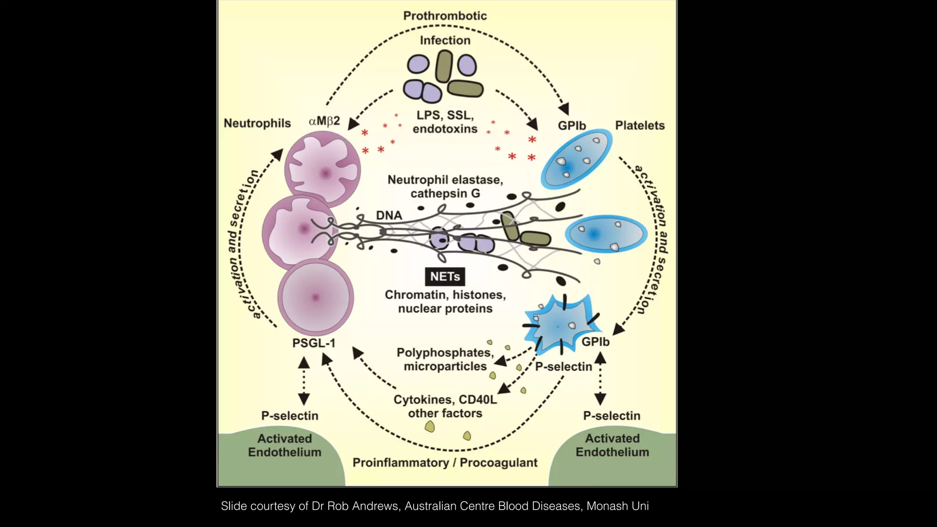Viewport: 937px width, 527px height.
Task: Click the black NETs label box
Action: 445,277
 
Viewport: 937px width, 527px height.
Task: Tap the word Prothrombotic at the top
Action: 445,16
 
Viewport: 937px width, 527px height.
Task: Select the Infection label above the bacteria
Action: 445,40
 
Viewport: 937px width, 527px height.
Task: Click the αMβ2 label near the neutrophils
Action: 324,121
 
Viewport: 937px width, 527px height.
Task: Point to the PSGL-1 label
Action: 314,343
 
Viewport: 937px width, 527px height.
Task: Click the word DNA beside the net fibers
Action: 389,215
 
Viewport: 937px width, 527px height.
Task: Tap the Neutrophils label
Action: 257,123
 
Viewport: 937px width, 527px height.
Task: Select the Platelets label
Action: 640,125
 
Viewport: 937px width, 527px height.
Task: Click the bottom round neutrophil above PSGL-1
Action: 315,297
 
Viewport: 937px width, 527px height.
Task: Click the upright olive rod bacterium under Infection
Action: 444,66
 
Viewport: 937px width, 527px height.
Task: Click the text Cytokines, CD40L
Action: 445,399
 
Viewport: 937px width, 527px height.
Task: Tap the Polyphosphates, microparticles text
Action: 445,360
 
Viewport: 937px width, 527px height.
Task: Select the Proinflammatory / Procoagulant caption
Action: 445,462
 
